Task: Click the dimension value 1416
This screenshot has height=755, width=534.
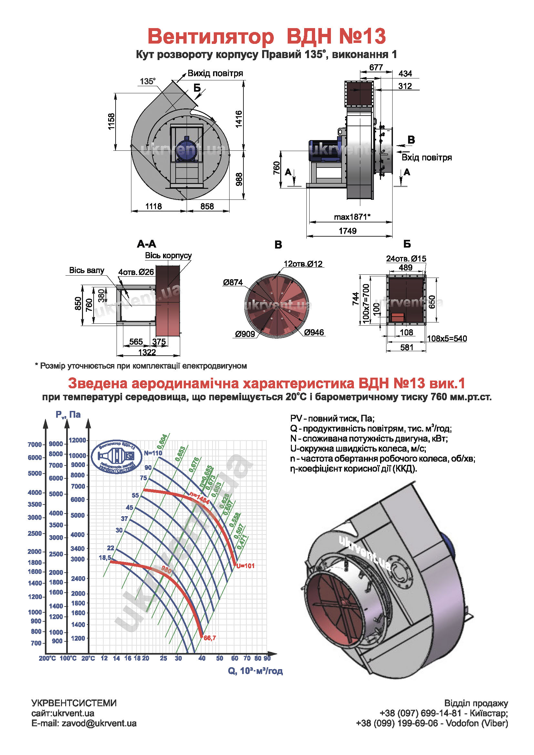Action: click(x=239, y=119)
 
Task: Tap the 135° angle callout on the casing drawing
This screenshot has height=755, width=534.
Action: click(x=148, y=81)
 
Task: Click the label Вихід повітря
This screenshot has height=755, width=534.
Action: click(x=215, y=73)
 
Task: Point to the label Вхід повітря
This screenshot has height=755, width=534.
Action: click(x=426, y=158)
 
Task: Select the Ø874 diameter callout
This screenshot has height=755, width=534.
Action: click(x=232, y=282)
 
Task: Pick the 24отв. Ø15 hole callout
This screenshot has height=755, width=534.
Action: click(x=406, y=259)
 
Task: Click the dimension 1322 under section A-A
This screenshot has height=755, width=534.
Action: click(x=147, y=352)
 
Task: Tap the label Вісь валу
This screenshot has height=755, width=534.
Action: click(x=87, y=270)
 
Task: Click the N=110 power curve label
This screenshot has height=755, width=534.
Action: click(x=153, y=453)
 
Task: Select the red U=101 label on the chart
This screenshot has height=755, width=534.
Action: click(x=245, y=566)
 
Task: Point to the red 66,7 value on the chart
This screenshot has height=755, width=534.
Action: click(x=210, y=638)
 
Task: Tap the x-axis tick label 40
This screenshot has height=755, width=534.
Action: click(x=202, y=658)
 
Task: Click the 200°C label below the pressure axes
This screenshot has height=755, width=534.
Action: click(x=47, y=658)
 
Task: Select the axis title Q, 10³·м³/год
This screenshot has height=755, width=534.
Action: click(x=255, y=671)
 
